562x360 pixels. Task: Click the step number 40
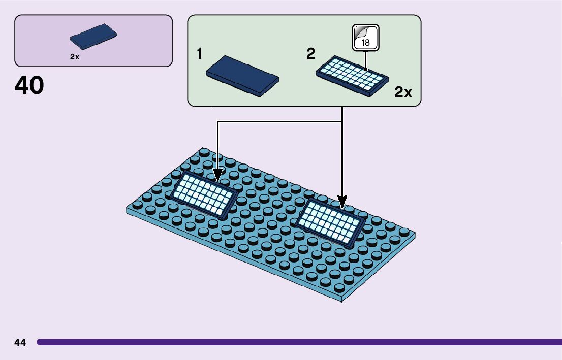(29, 85)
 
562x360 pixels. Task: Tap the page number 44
(20, 342)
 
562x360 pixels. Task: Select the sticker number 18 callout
(366, 38)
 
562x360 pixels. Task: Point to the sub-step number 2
(311, 54)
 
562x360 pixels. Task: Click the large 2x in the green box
(403, 92)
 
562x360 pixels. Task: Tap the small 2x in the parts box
(75, 57)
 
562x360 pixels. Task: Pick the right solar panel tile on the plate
(330, 221)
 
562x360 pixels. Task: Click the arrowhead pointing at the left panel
(218, 176)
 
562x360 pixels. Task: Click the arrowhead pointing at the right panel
(342, 203)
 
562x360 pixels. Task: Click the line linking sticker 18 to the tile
(365, 60)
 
